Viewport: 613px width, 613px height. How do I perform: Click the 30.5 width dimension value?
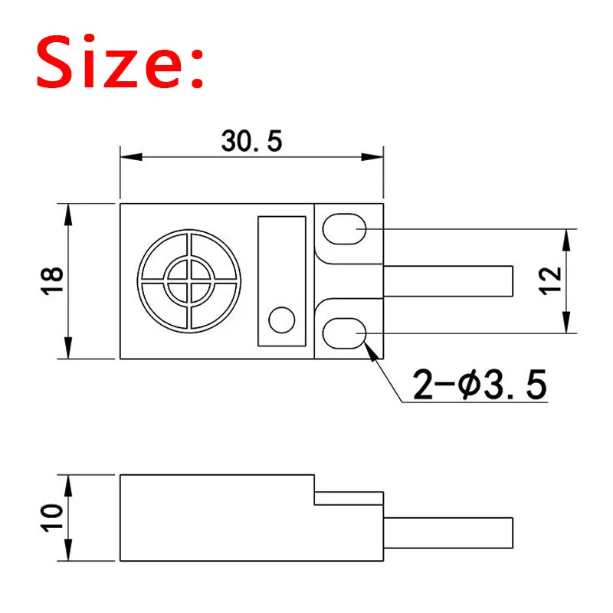[x=252, y=142]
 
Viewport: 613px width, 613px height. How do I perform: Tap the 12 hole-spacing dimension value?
[x=554, y=280]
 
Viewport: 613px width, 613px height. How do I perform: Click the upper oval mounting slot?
[x=343, y=228]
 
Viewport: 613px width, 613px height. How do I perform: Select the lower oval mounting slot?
[x=343, y=334]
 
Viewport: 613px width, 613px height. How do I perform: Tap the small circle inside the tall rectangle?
[x=282, y=320]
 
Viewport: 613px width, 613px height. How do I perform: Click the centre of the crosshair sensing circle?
[x=190, y=281]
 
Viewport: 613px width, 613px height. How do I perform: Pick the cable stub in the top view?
[x=447, y=280]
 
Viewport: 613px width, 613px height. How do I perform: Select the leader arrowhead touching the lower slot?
[x=372, y=349]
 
